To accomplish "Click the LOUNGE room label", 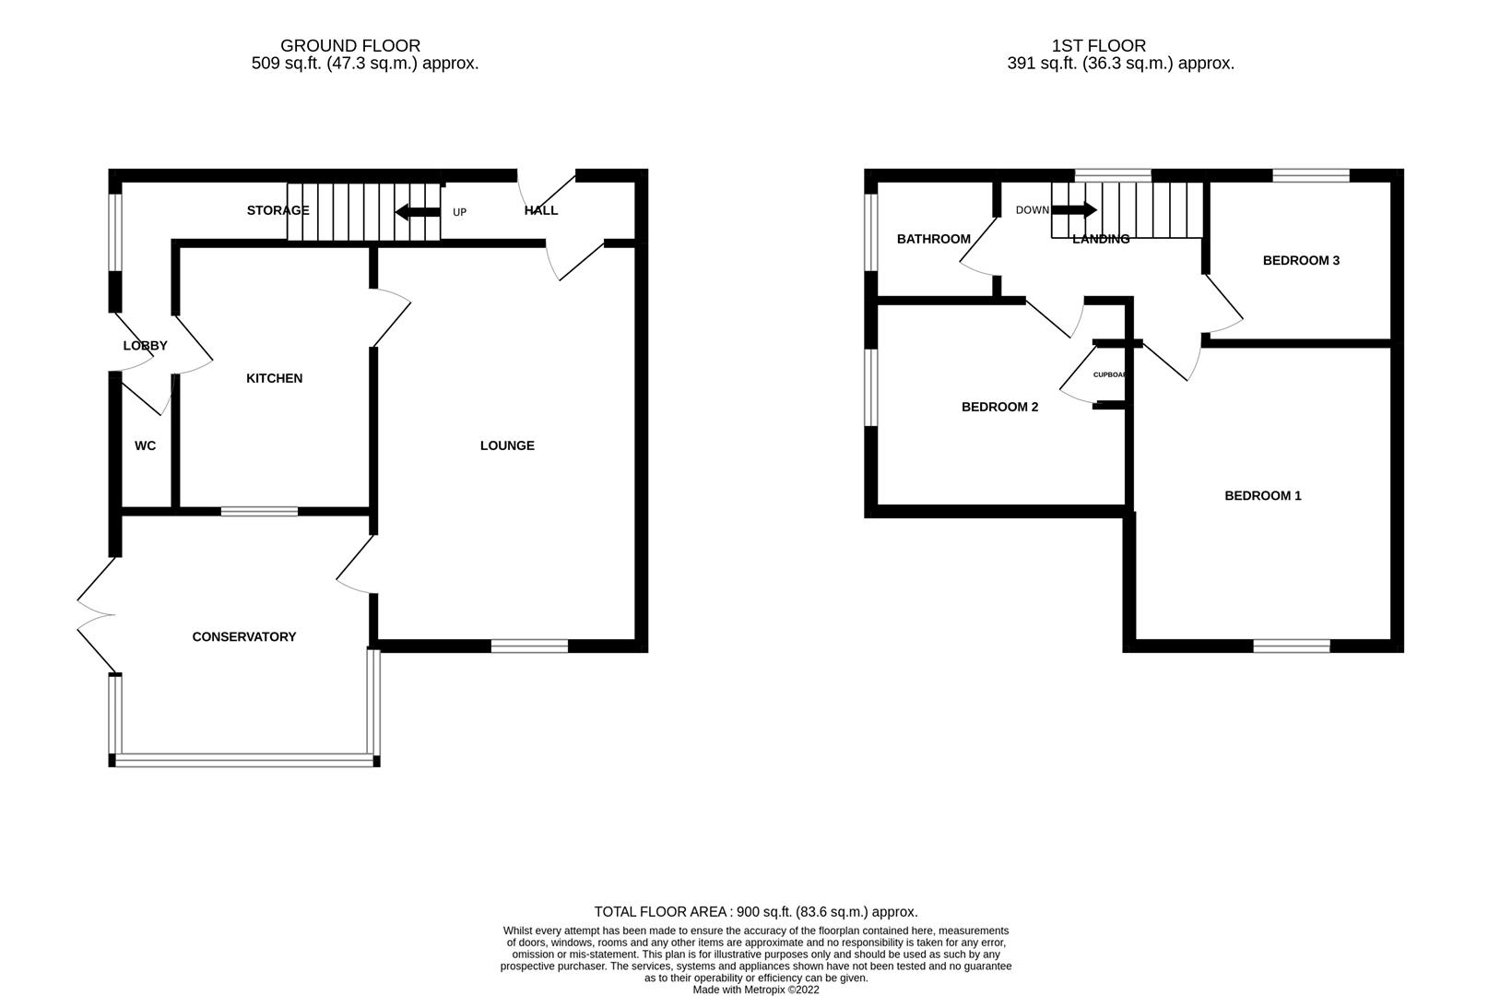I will point(507,445).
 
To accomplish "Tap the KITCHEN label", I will point(274,378).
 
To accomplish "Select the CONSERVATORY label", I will point(243,636).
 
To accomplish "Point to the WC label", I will point(145,445).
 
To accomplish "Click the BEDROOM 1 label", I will point(1262,495).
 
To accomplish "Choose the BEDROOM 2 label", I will point(999,407).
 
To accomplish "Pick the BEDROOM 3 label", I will point(1301,260).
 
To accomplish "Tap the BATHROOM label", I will point(933,239).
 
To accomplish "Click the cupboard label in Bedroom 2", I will point(1109,375).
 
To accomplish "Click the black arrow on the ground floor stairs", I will point(417,212).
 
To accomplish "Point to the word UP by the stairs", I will point(459,212).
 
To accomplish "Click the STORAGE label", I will point(278,210).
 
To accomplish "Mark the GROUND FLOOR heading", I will point(350,45).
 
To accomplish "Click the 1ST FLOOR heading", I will point(1098,45).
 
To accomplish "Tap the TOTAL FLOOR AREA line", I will point(755,911).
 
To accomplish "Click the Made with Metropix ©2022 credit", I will point(755,990).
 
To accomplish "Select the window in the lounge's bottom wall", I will point(529,646).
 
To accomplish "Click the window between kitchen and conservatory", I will point(259,510).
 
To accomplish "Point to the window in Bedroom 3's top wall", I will point(1310,175).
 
